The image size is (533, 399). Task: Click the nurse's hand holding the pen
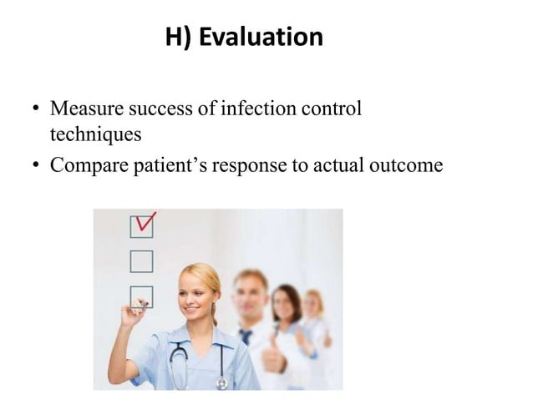(x=134, y=316)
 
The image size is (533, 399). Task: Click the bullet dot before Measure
(x=36, y=110)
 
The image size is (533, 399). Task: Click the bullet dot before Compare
(x=36, y=165)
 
